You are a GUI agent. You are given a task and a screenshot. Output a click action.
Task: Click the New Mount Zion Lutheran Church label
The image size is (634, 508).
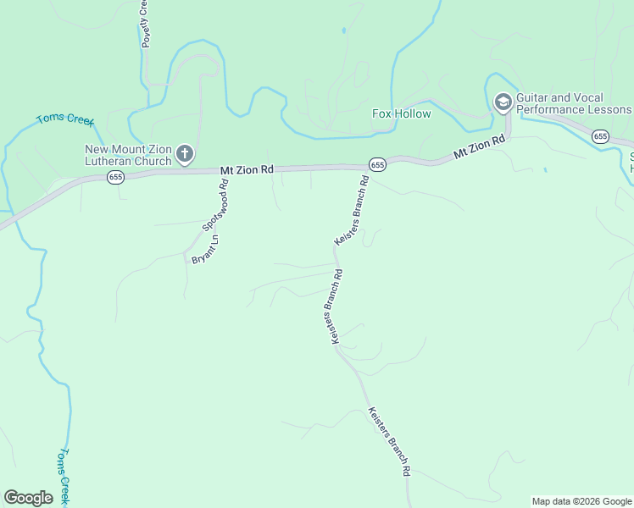[x=128, y=156]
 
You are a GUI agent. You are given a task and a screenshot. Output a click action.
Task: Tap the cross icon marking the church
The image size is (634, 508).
[x=185, y=155]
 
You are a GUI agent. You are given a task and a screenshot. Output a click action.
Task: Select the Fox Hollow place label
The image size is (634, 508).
[x=402, y=114]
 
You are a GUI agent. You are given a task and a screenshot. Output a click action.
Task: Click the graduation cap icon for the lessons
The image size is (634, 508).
[x=503, y=103]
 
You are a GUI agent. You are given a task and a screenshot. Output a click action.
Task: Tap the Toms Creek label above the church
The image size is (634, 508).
[x=64, y=119]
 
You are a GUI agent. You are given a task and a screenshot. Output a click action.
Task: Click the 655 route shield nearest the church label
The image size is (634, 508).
[x=116, y=177]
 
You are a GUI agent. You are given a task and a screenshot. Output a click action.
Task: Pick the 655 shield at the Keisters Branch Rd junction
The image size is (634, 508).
[x=377, y=164]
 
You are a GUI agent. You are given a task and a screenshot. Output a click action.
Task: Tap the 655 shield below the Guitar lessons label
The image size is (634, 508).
[x=601, y=136]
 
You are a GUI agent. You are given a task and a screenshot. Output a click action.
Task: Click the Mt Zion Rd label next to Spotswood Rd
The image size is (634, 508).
[x=247, y=170]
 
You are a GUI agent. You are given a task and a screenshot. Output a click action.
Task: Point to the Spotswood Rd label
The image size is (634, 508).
[x=216, y=204]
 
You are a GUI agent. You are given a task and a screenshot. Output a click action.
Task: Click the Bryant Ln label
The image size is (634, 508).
[x=205, y=249]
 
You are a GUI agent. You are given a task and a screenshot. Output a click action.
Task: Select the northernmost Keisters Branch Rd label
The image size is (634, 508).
[x=353, y=211]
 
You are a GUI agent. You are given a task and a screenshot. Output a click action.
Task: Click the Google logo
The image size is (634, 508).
[x=28, y=498]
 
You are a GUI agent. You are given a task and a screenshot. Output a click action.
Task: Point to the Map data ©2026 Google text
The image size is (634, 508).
[x=582, y=501]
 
